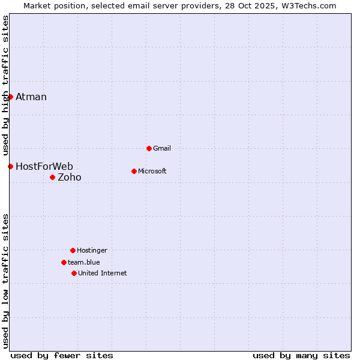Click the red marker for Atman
[x=10, y=97]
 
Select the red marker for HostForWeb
[x=10, y=166]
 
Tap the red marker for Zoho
[x=52, y=177]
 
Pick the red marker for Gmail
[x=149, y=148]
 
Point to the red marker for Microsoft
[x=134, y=171]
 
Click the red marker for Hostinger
[x=73, y=250]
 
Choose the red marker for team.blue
[x=64, y=262]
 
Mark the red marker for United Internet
[x=74, y=273]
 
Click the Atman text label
[x=31, y=97]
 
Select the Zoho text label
[x=70, y=177]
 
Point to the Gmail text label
[x=162, y=148]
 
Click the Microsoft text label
[x=152, y=171]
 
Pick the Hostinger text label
[x=92, y=250]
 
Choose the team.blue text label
[x=84, y=262]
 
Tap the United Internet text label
[x=103, y=273]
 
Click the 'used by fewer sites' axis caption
[x=62, y=355]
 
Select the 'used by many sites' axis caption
[x=301, y=355]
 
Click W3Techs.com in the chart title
[x=310, y=5]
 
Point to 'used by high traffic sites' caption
[x=5, y=85]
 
